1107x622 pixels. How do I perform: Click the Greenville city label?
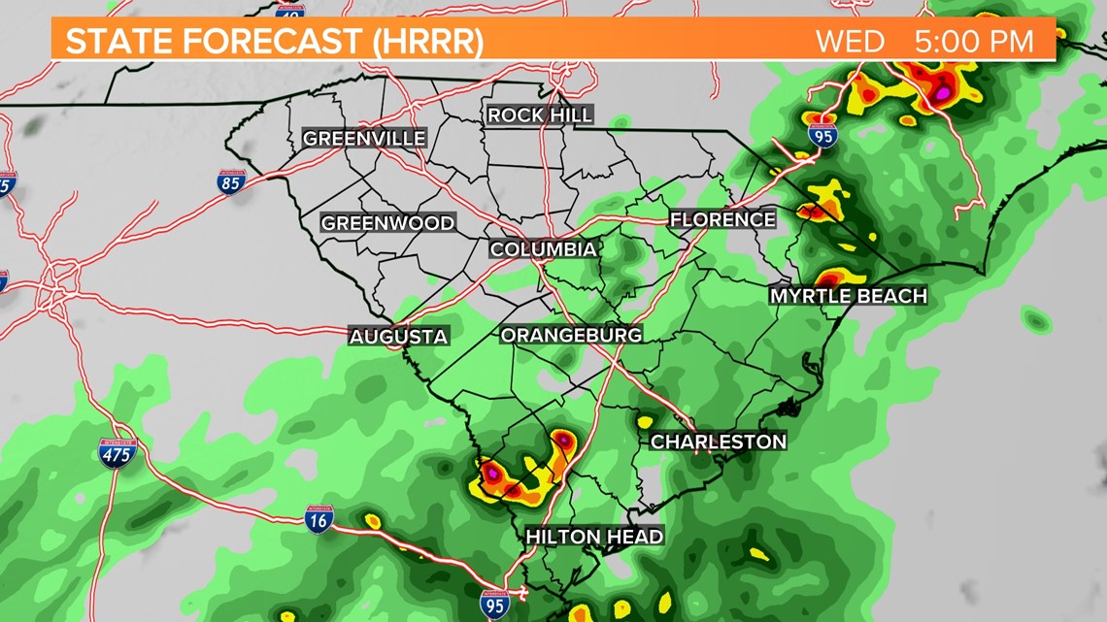[364, 139]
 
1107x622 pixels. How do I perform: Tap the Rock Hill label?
[540, 115]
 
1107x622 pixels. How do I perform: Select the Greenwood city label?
[387, 223]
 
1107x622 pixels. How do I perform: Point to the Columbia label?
[543, 249]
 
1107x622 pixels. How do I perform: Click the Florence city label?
[722, 219]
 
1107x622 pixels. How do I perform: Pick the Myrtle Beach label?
[848, 296]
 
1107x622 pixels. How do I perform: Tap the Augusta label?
[399, 337]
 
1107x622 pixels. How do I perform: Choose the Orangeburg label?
[571, 335]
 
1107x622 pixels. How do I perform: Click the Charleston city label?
[718, 442]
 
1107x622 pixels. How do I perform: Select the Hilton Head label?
[594, 537]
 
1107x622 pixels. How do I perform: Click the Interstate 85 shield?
[231, 181]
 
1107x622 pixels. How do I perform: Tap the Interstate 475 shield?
[117, 452]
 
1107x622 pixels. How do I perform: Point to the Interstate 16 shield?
[319, 519]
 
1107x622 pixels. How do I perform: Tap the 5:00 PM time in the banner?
[974, 42]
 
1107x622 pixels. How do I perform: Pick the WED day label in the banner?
[850, 42]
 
